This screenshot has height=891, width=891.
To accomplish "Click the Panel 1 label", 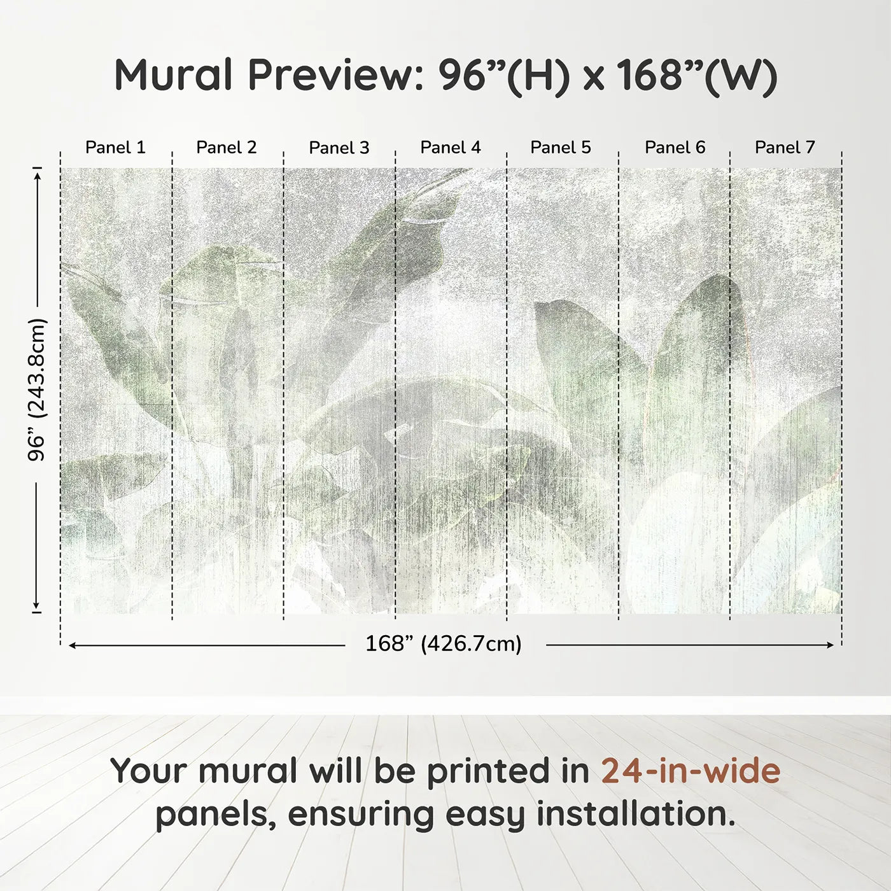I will click(x=115, y=148).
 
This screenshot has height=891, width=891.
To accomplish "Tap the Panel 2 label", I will click(x=226, y=148).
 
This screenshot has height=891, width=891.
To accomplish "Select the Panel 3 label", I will click(x=339, y=148).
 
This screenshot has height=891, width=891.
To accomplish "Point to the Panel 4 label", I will click(x=450, y=148).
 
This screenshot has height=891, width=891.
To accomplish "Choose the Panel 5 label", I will click(x=560, y=148).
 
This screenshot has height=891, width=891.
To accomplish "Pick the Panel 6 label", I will click(x=675, y=148).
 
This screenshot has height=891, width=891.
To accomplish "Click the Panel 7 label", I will click(x=784, y=148).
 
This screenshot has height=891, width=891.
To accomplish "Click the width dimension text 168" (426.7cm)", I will click(x=444, y=644).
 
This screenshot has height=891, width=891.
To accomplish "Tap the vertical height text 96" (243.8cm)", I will click(x=38, y=389).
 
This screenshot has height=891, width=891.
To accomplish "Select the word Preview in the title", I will click(x=332, y=75).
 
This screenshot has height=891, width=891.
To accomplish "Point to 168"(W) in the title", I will click(x=697, y=75).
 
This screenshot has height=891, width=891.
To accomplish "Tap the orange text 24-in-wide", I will click(x=691, y=771).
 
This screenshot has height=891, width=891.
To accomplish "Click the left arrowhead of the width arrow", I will click(x=72, y=645).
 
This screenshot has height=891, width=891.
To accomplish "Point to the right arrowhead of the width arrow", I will click(x=830, y=645).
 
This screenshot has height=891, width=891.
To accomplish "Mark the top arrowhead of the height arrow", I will click(x=38, y=172).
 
